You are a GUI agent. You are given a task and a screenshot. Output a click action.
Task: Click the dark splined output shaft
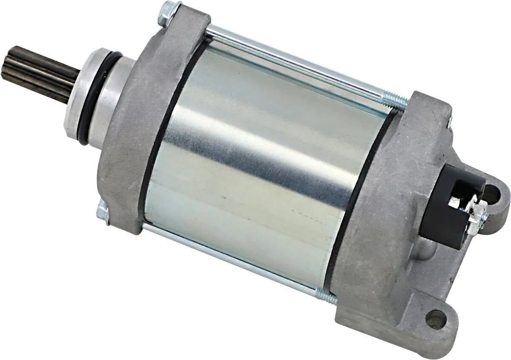click(x=40, y=75)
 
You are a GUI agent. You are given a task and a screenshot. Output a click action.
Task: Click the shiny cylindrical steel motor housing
click(x=255, y=170)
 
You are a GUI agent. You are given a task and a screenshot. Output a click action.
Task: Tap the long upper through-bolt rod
click(x=298, y=64)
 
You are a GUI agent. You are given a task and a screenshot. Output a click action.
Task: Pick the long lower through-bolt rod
click(x=230, y=260)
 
